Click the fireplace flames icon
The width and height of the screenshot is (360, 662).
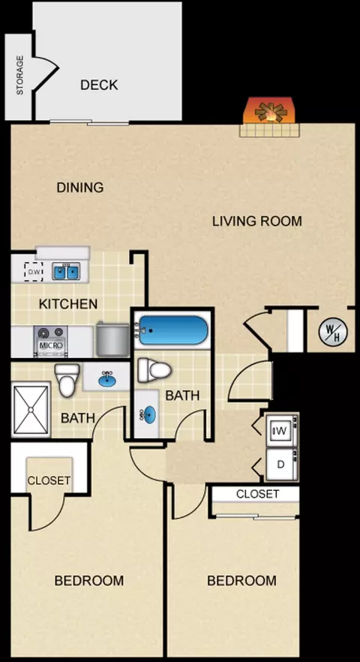271,111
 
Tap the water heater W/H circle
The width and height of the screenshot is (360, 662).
333,331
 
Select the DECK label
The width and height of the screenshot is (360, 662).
99,85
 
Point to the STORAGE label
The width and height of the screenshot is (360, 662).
19,75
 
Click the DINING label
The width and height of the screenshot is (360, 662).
80,187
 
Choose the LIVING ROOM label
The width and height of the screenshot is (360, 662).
257,221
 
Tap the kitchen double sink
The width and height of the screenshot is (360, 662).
66,271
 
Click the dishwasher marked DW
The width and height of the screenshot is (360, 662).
34,272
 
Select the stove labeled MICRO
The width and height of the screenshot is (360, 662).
51,341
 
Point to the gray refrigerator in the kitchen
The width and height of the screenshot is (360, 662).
112,339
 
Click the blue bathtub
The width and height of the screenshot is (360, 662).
173,330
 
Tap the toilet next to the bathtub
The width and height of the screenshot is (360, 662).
154,370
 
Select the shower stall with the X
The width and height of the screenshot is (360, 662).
31,409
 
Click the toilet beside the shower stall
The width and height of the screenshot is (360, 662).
67,380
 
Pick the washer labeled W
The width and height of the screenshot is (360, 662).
282,430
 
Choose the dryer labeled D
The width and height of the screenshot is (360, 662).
282,465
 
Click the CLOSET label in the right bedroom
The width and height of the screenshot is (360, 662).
257,494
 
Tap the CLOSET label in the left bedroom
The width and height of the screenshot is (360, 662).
49,480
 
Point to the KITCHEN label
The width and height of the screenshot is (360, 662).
68,303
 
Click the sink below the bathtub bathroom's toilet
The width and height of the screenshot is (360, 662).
147,414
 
